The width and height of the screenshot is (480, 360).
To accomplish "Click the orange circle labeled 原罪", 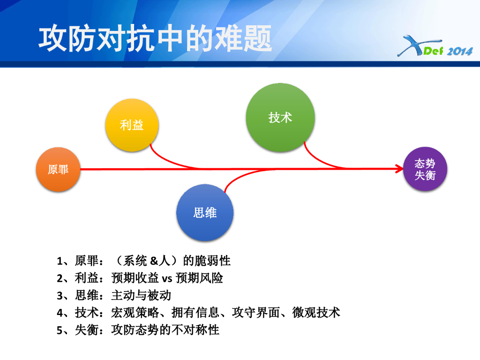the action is coord(58,170).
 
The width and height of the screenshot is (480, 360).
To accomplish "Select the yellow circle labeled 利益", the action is coord(132,125).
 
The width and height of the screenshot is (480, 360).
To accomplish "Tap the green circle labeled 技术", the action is coord(280,117).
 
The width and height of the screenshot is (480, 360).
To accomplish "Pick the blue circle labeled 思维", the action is coord(205,212).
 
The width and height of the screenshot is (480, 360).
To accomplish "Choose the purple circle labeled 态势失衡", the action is coord(425,169).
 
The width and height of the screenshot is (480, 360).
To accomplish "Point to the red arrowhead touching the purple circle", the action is coord(399,168).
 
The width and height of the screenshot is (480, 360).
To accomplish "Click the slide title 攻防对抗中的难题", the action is coord(155,38).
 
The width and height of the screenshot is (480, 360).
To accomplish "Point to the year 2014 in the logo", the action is coord(459,51).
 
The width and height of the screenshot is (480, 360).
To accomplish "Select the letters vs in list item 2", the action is coord(167,278).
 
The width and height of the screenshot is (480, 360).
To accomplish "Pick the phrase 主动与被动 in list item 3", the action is coord(141,295).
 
